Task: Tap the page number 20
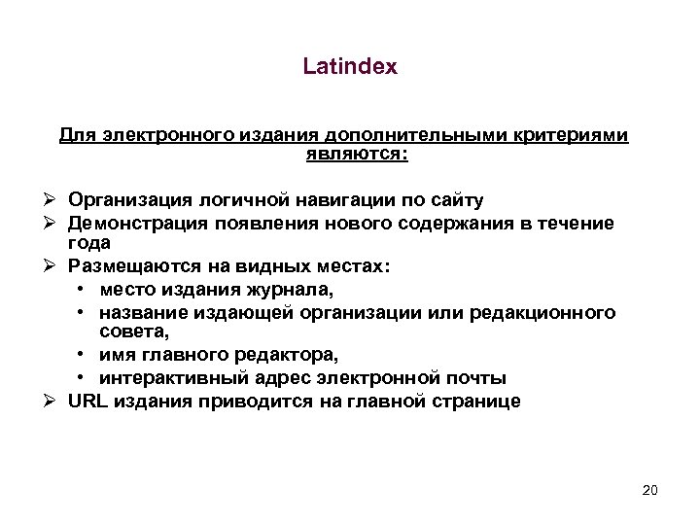tap(650, 489)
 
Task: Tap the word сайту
tap(451, 200)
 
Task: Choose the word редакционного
tap(553, 312)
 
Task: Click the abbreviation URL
tap(86, 402)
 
